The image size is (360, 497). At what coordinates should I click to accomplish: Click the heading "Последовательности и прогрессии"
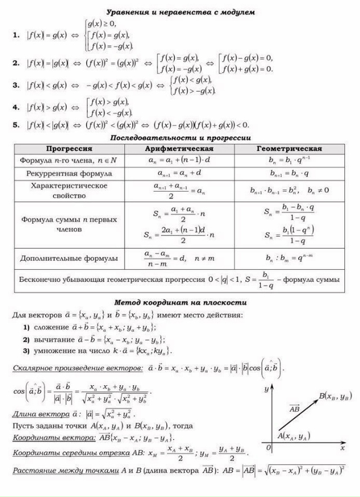click(180, 138)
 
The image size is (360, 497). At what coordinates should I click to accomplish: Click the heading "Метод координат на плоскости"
click(181, 302)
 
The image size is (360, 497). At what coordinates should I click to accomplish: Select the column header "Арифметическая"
click(179, 148)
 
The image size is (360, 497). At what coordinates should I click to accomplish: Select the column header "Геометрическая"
click(289, 148)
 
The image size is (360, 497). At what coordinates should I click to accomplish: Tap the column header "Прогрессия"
click(69, 148)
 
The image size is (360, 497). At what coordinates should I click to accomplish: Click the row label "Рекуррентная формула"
click(69, 173)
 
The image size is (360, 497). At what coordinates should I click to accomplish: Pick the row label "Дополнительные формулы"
click(69, 259)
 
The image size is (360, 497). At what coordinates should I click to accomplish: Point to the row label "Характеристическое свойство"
click(69, 190)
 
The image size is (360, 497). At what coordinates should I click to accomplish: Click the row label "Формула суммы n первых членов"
click(69, 224)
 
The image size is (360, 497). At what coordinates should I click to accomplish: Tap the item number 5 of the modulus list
click(16, 125)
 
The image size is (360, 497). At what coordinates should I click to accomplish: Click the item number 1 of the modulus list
click(16, 35)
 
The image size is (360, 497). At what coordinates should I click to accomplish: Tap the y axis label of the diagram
click(265, 388)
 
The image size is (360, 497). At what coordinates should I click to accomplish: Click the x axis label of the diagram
click(343, 450)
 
